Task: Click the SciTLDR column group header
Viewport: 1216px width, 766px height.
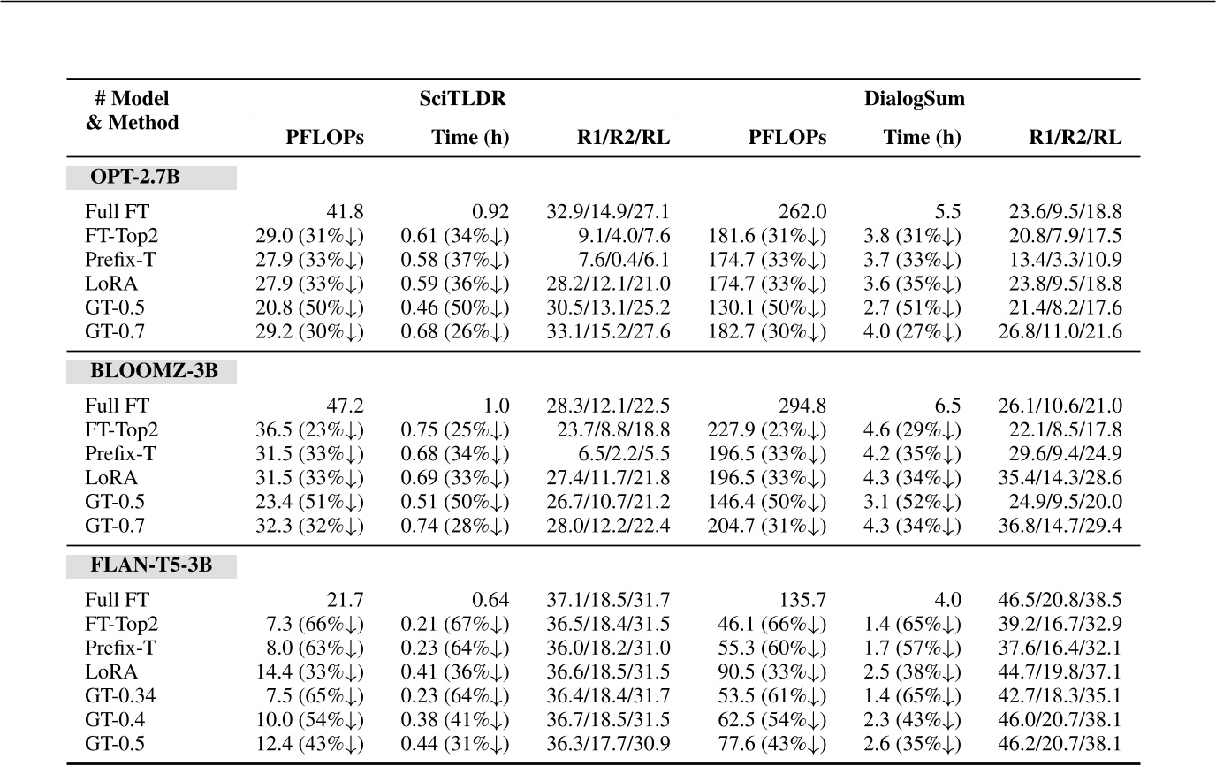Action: (x=463, y=99)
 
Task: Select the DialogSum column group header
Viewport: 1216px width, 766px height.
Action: (x=914, y=99)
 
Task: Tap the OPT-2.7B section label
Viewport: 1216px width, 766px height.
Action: (x=134, y=177)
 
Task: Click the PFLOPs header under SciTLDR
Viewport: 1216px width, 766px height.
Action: (x=324, y=137)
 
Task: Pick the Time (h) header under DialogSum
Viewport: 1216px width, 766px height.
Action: (x=921, y=137)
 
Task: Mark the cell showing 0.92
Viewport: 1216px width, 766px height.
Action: (x=491, y=212)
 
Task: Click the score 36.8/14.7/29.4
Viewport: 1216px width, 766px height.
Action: (x=1066, y=528)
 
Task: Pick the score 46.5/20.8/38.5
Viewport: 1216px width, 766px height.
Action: (x=1066, y=601)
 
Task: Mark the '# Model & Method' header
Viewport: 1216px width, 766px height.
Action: (x=133, y=110)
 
